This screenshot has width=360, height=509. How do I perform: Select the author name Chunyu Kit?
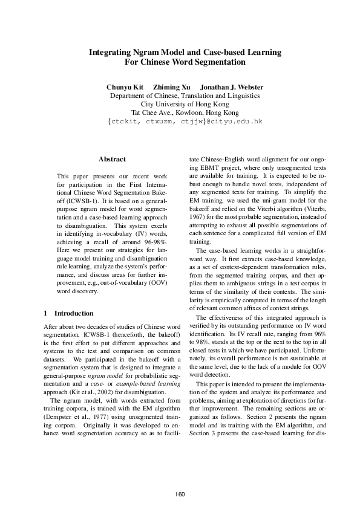point(124,87)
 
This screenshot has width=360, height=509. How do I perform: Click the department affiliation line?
point(185,96)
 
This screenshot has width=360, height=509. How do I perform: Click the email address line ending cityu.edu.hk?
point(185,122)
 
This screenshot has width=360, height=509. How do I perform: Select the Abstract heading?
point(112,160)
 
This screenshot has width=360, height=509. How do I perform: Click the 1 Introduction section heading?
point(70,313)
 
